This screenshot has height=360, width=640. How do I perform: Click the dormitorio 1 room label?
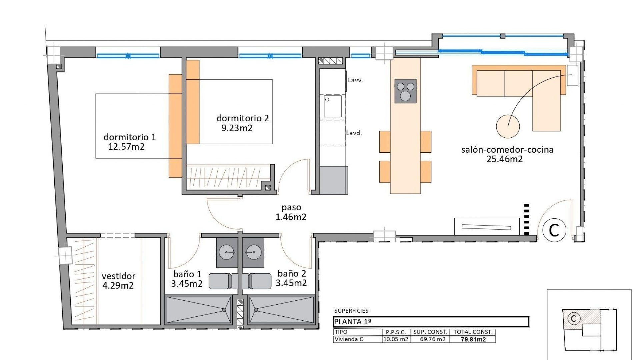129,137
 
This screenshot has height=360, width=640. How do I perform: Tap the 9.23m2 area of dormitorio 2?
237,128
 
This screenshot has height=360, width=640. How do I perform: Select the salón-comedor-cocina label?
507,150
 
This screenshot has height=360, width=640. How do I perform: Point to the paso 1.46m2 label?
291,212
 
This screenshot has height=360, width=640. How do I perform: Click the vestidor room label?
118,276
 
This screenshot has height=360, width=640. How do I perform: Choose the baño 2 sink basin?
253,252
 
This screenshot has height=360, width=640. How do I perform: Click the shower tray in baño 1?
199,310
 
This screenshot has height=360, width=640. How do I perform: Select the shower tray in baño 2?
281,310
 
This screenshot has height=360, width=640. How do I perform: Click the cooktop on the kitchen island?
405,91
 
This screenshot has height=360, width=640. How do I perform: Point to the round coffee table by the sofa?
507,126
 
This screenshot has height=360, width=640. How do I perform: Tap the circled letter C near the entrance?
554,230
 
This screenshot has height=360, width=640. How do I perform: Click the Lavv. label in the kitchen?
355,80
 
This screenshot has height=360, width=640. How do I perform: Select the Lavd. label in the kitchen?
354,133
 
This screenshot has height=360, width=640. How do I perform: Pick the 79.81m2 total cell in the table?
473,339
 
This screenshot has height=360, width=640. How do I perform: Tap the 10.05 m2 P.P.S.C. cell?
396,339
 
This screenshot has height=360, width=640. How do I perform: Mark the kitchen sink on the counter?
333,106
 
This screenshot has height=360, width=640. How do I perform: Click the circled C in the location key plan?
573,319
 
